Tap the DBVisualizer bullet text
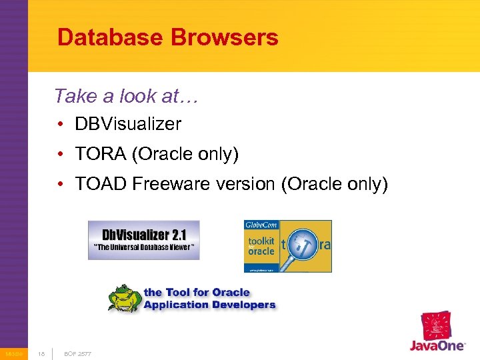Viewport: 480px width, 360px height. [128, 124]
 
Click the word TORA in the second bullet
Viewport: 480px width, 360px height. [101, 154]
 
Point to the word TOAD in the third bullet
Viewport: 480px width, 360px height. [101, 183]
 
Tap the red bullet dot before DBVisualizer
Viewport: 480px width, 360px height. [61, 125]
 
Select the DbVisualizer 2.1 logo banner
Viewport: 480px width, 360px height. [143, 240]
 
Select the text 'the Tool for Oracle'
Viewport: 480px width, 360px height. [197, 292]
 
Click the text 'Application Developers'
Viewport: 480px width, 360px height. [209, 305]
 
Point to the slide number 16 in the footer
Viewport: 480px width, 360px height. [41, 353]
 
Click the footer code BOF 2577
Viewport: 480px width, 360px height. [78, 353]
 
